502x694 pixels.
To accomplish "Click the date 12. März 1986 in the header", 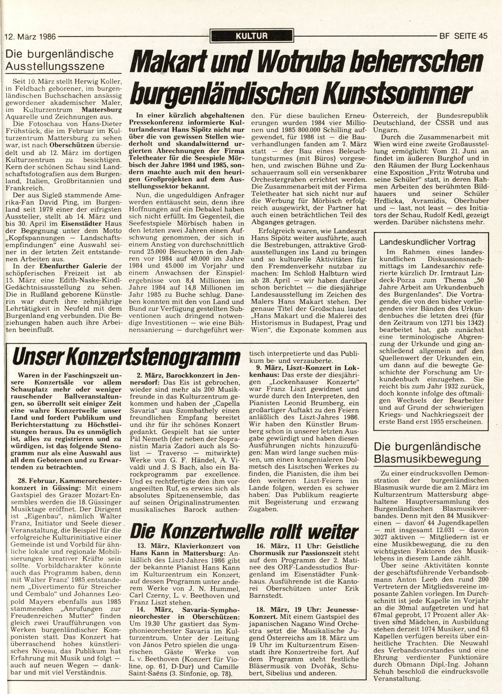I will pyautogui.click(x=30, y=37).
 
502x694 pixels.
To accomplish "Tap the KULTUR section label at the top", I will pyautogui.click(x=252, y=37).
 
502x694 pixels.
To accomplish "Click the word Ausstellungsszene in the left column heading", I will pyautogui.click(x=55, y=66).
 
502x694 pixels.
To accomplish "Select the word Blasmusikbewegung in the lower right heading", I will pyautogui.click(x=428, y=459).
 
